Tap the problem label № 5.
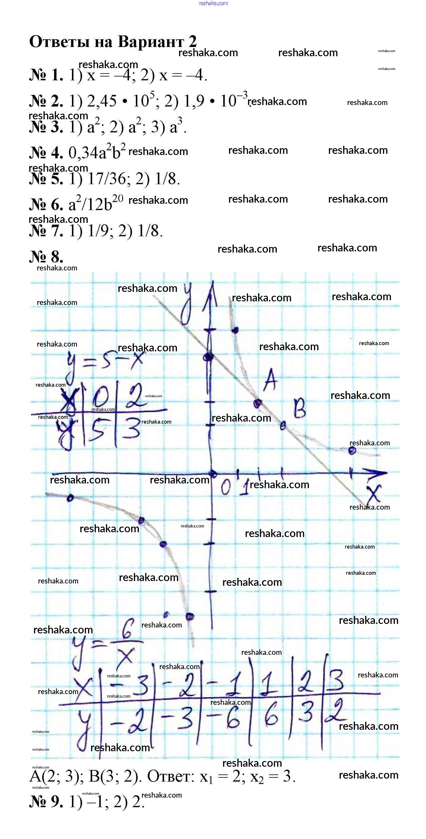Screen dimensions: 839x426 46,179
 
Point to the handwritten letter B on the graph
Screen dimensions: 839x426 300,409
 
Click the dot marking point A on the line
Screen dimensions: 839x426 257,403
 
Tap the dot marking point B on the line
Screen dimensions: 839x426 282,425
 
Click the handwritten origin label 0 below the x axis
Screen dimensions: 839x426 226,487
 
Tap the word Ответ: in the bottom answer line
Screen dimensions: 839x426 171,778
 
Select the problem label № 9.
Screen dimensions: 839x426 46,802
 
